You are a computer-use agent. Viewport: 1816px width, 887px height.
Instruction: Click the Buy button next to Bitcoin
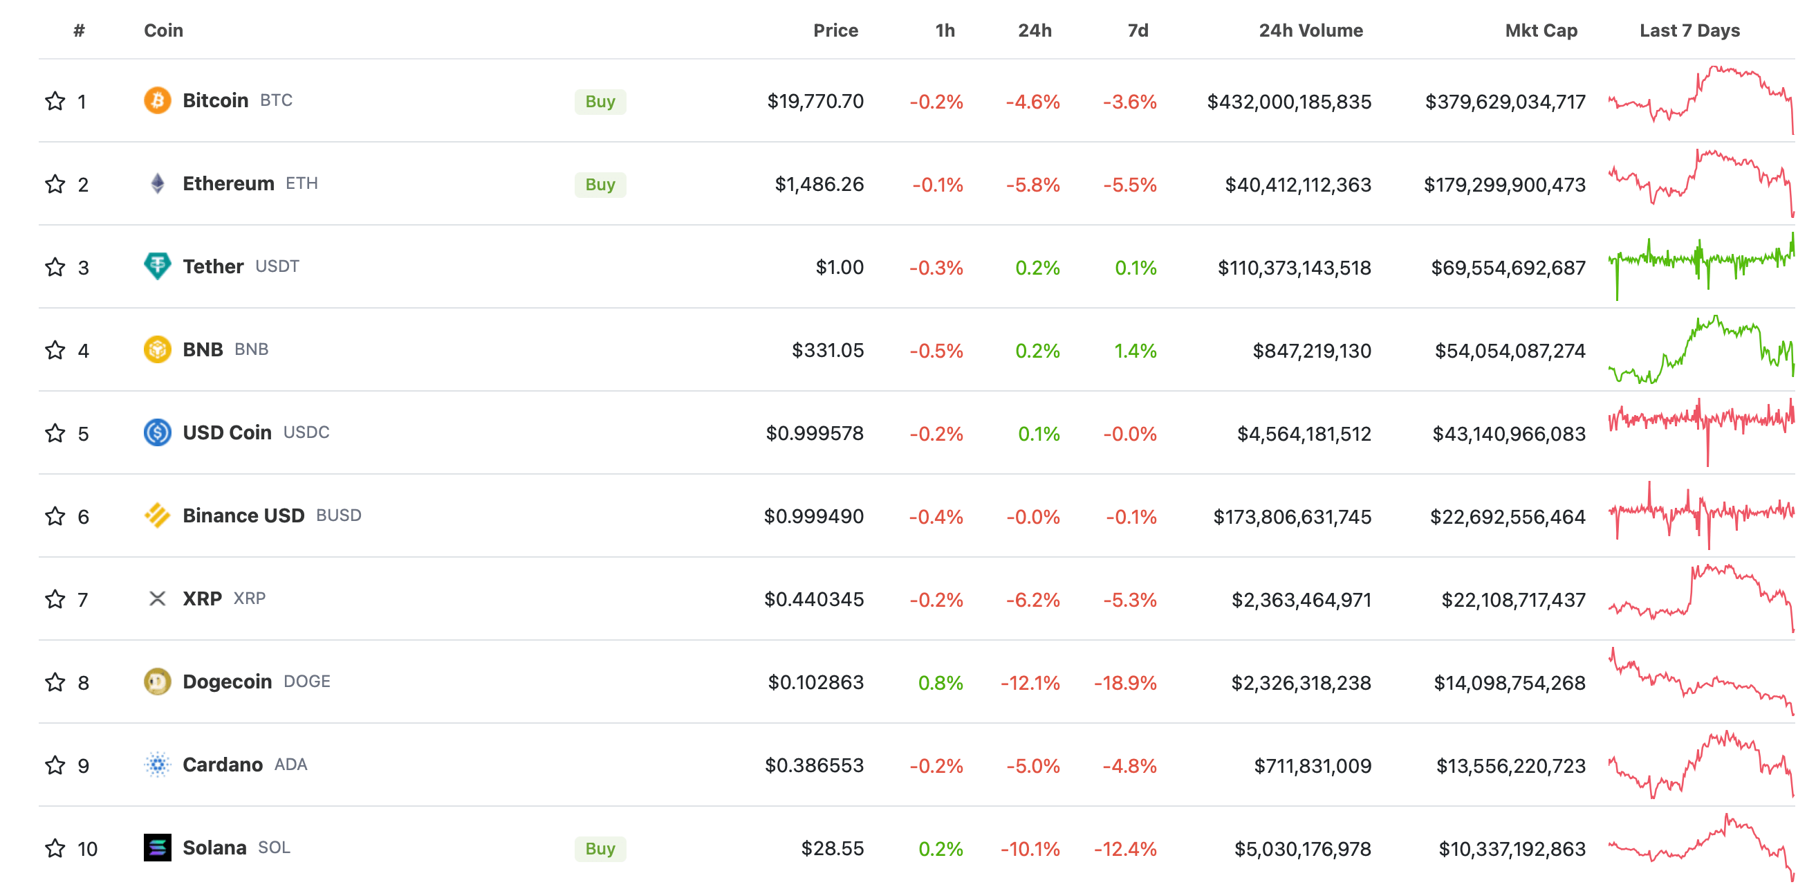coord(600,102)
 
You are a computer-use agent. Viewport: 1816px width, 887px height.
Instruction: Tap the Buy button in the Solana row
coord(600,848)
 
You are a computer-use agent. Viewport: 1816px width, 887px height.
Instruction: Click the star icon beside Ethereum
coord(55,184)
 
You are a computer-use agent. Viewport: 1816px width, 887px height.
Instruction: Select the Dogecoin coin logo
coord(157,682)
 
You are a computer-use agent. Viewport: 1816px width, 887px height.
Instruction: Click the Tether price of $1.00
coord(839,267)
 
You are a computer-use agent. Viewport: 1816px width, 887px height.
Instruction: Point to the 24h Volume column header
coord(1310,30)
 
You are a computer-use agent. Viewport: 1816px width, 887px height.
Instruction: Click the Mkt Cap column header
coord(1541,30)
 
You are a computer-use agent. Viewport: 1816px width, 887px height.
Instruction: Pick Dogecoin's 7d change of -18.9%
coord(1125,682)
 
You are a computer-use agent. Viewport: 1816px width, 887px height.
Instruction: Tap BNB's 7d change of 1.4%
coord(1135,350)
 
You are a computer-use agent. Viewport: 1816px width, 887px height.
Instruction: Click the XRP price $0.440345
coord(813,599)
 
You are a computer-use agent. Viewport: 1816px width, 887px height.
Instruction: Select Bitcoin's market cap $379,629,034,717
coord(1505,102)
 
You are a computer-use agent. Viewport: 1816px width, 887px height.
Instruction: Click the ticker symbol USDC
coord(306,432)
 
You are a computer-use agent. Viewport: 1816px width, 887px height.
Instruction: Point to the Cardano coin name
coord(222,765)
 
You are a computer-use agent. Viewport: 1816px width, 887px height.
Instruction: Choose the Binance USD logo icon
coord(157,515)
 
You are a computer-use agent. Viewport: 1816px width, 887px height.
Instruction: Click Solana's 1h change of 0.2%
coord(941,848)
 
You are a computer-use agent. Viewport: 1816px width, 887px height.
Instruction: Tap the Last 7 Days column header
coord(1689,30)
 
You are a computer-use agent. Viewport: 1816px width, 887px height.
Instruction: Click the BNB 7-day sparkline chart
coord(1701,349)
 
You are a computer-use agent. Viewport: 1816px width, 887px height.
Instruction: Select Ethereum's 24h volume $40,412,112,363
coord(1298,185)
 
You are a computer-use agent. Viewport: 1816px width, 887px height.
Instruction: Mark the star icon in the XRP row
coord(55,599)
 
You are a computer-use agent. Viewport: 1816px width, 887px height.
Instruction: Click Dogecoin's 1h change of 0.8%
coord(941,682)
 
